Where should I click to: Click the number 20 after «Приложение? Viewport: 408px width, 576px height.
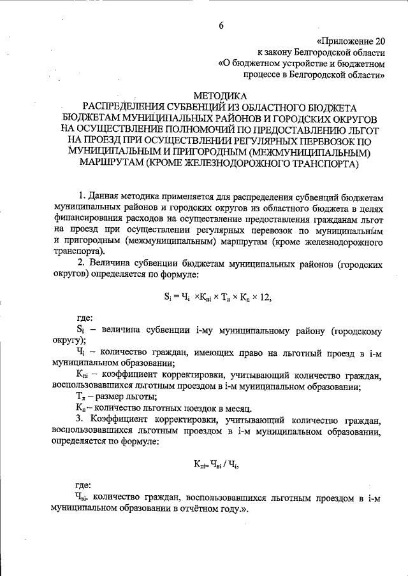[379, 40]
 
